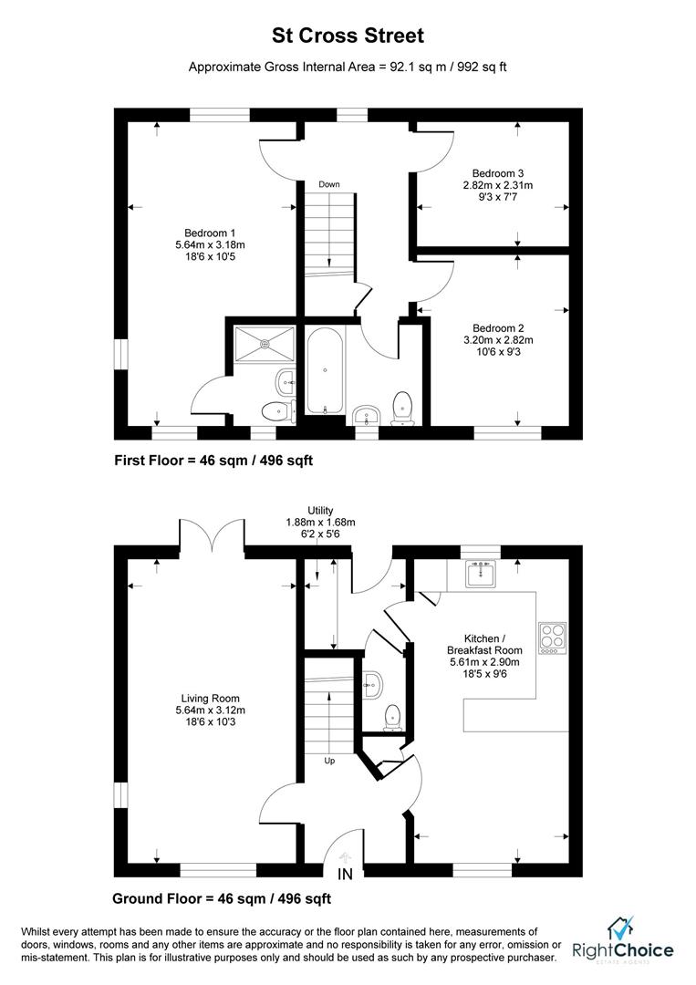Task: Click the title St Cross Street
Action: click(348, 36)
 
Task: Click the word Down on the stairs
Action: click(329, 185)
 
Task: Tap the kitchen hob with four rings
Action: click(553, 638)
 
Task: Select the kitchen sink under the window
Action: click(480, 575)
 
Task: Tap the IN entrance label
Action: click(346, 875)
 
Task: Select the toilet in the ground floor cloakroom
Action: click(391, 716)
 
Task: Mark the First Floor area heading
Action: click(213, 461)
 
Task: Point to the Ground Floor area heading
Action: click(222, 898)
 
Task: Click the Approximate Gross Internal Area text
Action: click(348, 67)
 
